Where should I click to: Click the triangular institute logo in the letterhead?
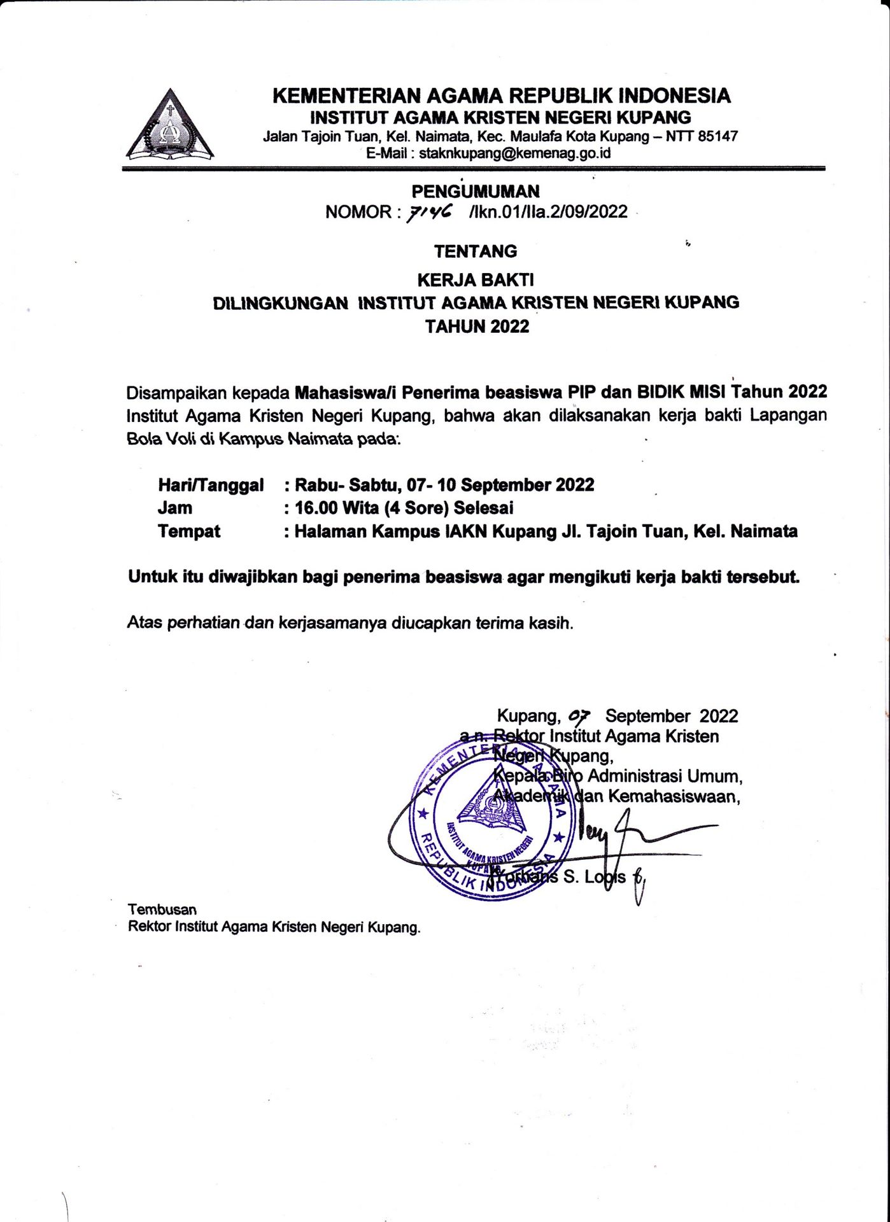point(170,126)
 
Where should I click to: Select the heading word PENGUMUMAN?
point(475,192)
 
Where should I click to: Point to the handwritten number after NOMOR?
point(430,213)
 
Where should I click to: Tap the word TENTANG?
point(476,251)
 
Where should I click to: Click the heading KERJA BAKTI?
point(475,279)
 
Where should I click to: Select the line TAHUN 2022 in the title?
point(477,327)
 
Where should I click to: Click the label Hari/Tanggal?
point(211,485)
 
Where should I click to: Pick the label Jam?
point(175,508)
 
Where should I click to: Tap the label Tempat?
point(189,531)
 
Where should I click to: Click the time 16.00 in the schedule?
point(315,508)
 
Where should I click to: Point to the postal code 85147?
point(717,136)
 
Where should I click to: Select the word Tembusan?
point(162,909)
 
